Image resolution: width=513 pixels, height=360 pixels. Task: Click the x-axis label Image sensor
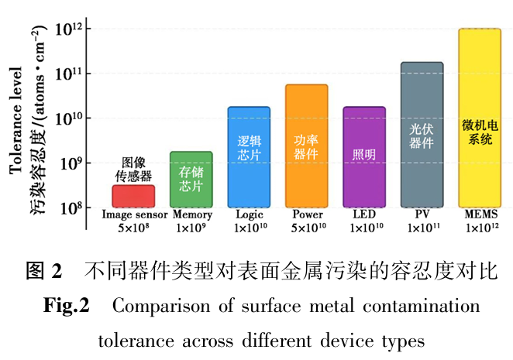tap(133, 214)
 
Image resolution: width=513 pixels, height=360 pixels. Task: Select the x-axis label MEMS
tap(480, 214)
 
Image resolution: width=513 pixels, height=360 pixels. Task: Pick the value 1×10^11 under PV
tap(422, 228)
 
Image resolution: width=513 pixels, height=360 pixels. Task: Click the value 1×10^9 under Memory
tap(191, 228)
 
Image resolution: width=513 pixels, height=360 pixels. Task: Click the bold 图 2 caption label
tap(43, 271)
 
